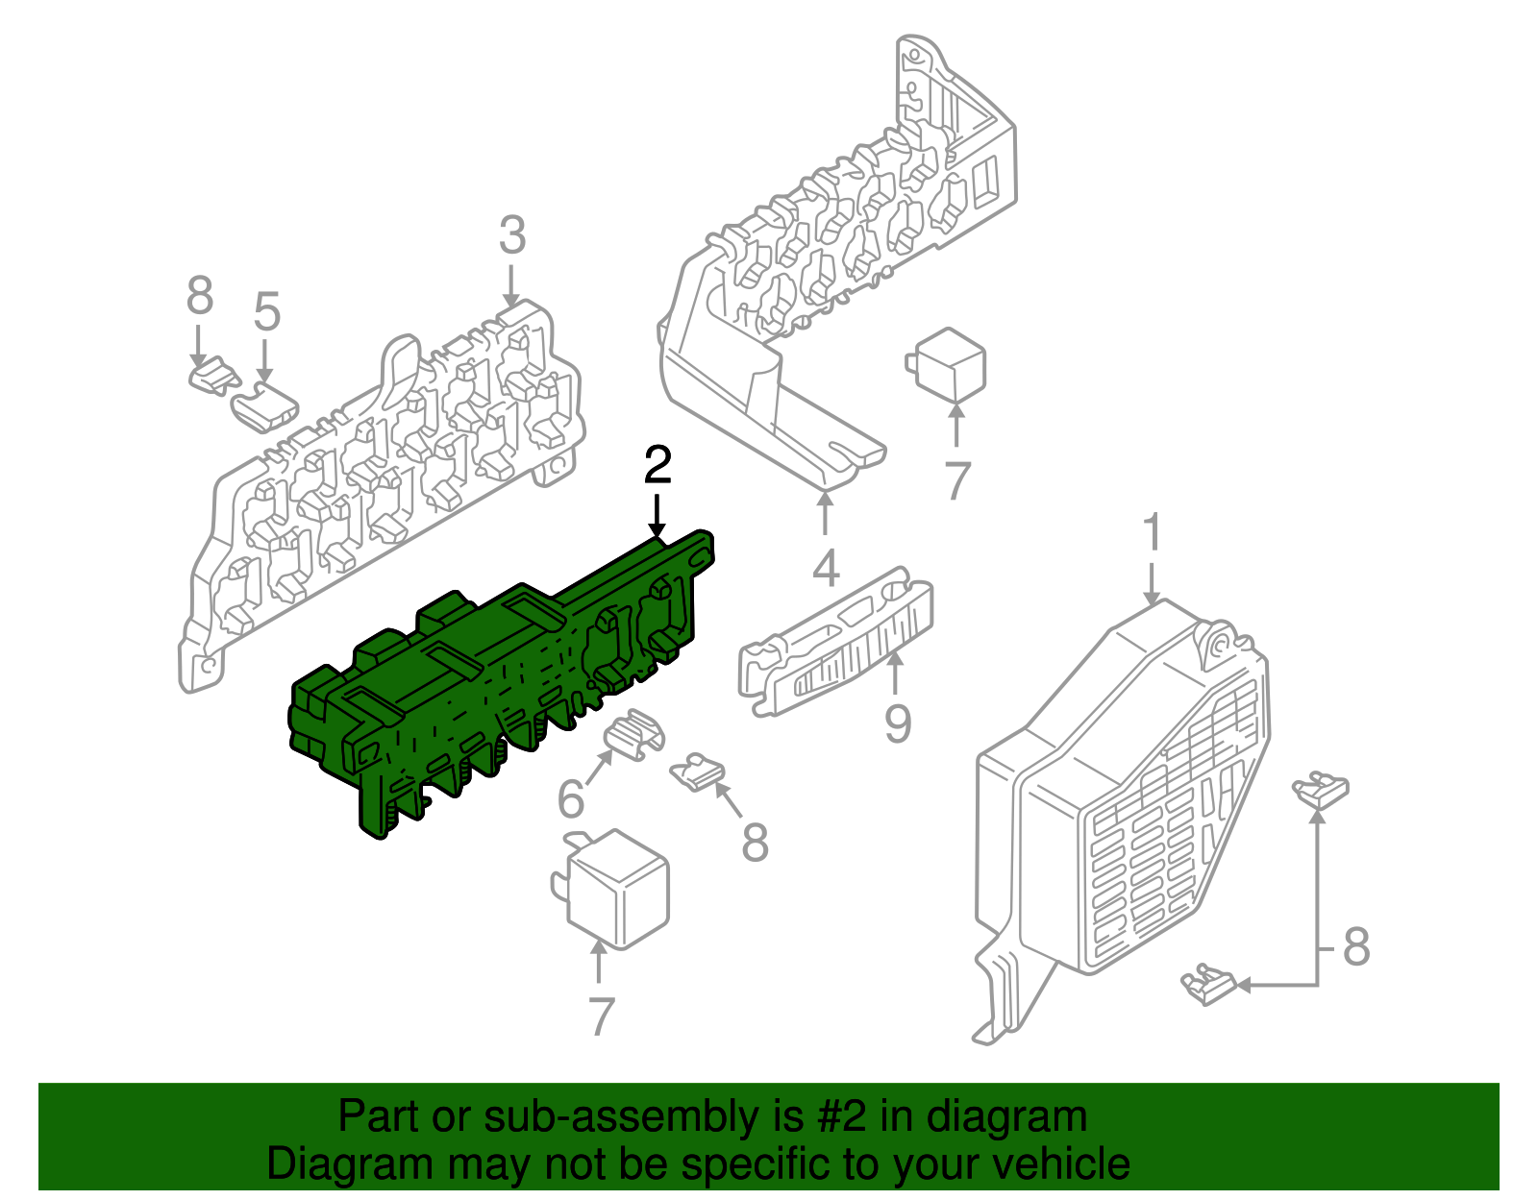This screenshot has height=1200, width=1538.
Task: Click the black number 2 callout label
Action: (657, 465)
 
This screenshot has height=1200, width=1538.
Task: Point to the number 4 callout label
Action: (826, 567)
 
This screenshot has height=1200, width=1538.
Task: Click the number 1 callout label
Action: (1153, 531)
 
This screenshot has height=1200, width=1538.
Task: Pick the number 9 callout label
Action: (898, 722)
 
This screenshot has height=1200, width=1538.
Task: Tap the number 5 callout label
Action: (267, 312)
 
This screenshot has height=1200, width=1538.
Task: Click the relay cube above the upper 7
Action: (947, 364)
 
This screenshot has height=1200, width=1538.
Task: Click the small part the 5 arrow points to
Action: (264, 407)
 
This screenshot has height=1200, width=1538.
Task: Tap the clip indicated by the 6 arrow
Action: (633, 735)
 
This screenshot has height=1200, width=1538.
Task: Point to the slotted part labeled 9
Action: (835, 643)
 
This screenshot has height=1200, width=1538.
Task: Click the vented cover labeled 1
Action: (1122, 820)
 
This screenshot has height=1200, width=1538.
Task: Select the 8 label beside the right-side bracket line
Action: (1356, 946)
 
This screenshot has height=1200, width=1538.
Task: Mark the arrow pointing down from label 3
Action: (511, 285)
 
